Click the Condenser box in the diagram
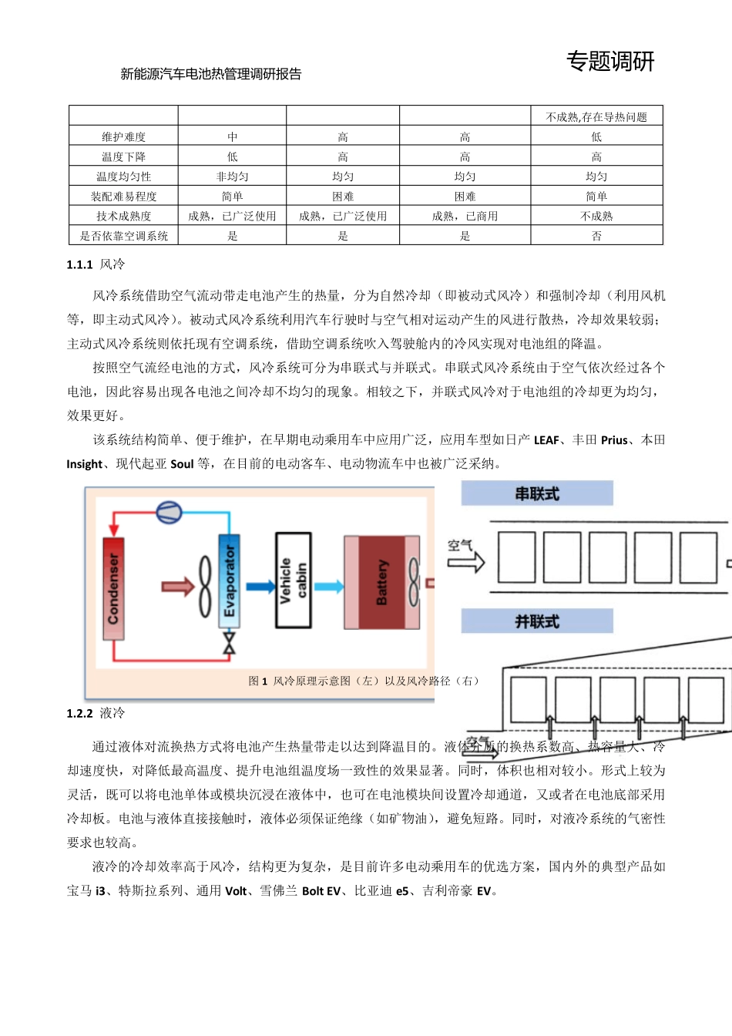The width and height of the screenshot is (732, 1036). (x=113, y=587)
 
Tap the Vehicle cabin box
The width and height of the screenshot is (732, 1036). (x=293, y=580)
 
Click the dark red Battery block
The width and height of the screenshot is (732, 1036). (x=381, y=582)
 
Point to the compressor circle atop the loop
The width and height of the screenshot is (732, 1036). (x=169, y=511)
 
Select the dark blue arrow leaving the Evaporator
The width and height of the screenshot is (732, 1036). (x=260, y=587)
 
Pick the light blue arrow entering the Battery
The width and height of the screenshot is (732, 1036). (x=328, y=587)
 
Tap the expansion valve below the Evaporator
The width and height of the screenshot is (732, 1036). (x=229, y=643)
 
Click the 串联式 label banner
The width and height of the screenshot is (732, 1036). (x=537, y=493)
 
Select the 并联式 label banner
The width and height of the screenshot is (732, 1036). (x=537, y=621)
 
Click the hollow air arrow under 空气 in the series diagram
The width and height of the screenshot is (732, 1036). (x=466, y=562)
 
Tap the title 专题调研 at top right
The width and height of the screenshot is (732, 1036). (x=610, y=62)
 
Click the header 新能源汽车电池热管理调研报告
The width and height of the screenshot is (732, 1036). (x=211, y=74)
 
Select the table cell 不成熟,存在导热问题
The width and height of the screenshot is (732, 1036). (x=596, y=117)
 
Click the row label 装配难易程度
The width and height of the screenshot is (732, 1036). (x=124, y=197)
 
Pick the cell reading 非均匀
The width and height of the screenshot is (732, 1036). (x=232, y=177)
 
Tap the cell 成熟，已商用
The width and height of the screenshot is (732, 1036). (x=465, y=217)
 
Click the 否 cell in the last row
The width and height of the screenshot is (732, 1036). (x=596, y=236)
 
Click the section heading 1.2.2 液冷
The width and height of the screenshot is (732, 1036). (x=96, y=713)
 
